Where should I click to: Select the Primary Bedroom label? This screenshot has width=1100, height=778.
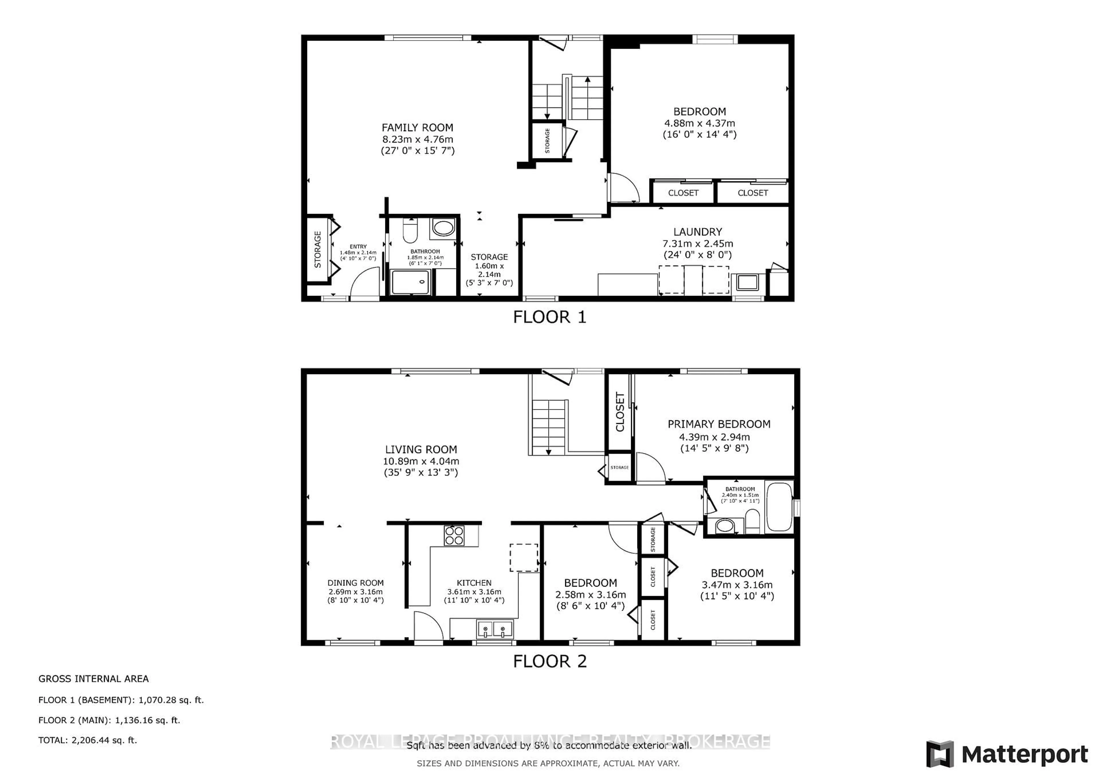click(719, 424)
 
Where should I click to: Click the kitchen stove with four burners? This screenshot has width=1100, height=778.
click(454, 536)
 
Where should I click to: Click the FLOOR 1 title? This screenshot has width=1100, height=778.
click(549, 317)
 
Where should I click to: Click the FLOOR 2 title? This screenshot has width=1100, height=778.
click(549, 662)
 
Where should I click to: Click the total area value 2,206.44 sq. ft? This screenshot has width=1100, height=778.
click(104, 740)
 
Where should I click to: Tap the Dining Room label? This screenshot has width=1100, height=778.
click(355, 583)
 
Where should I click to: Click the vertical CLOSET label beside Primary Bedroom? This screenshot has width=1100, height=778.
click(620, 412)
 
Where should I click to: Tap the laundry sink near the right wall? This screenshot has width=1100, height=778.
click(747, 283)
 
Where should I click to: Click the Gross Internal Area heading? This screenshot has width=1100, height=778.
click(93, 679)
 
